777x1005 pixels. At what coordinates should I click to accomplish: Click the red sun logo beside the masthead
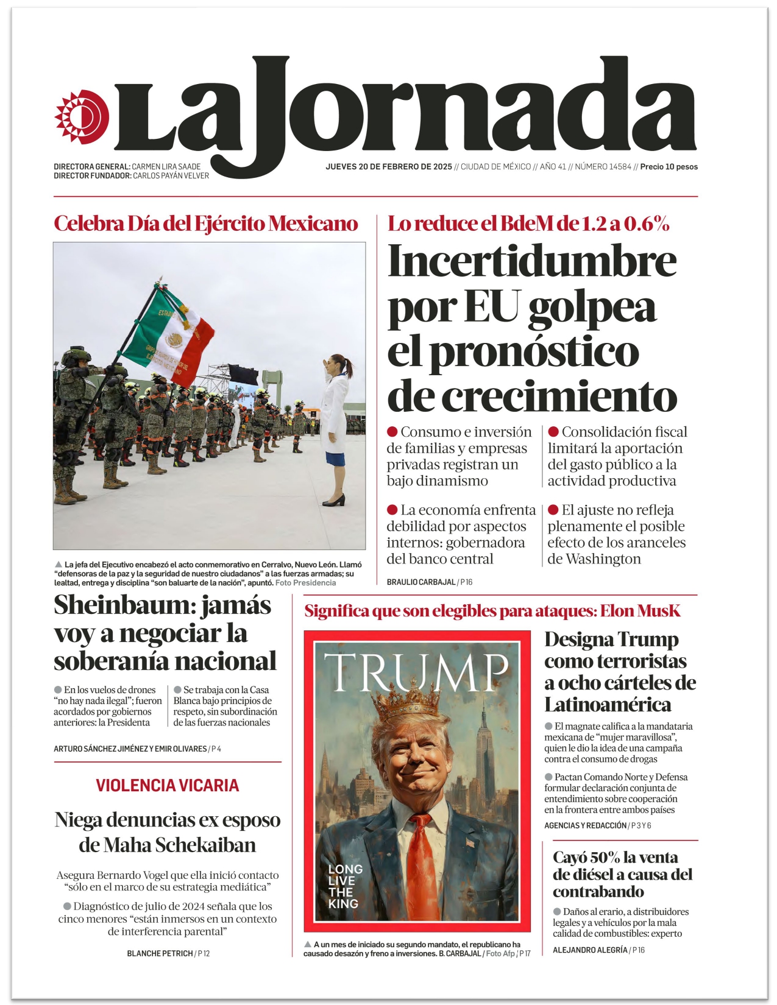click(82, 117)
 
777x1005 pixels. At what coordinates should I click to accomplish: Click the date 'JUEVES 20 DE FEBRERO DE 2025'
click(389, 167)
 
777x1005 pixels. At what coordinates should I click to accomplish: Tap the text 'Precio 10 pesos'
click(669, 167)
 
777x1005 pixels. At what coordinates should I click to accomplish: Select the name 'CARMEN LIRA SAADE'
click(166, 167)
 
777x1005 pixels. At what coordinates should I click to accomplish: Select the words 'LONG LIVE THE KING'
click(345, 886)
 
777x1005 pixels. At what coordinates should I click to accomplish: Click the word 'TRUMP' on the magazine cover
click(416, 673)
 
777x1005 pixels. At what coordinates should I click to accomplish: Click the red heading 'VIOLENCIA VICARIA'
click(167, 786)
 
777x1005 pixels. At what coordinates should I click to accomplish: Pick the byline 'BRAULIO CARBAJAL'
click(421, 582)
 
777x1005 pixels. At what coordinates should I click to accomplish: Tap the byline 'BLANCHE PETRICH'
click(160, 953)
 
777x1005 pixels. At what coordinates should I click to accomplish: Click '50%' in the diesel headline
click(605, 858)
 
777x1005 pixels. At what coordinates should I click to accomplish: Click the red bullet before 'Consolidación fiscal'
click(553, 432)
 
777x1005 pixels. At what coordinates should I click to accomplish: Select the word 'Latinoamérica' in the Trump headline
click(608, 705)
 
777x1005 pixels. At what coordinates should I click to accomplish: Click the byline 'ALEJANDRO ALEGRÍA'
click(590, 950)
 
